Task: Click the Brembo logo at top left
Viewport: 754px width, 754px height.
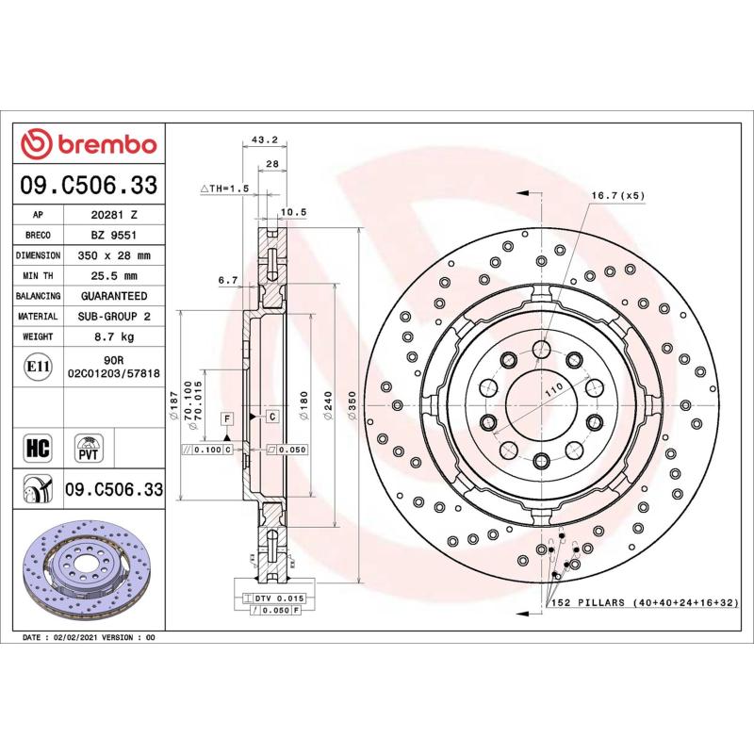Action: pyautogui.click(x=89, y=144)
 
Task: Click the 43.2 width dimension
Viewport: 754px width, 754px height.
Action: pyautogui.click(x=265, y=140)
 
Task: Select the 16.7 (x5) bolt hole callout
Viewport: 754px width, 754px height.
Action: pyautogui.click(x=617, y=195)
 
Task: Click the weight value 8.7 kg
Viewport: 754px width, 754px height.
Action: pyautogui.click(x=114, y=336)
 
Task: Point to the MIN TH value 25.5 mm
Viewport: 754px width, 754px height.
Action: pyautogui.click(x=114, y=276)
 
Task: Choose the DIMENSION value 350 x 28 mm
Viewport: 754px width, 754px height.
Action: pyautogui.click(x=114, y=255)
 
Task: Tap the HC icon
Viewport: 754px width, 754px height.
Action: pyautogui.click(x=40, y=446)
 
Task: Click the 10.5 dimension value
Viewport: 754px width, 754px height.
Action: pyautogui.click(x=295, y=211)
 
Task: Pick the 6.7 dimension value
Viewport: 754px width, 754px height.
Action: pyautogui.click(x=226, y=280)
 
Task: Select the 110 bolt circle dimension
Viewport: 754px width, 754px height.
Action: pyautogui.click(x=553, y=387)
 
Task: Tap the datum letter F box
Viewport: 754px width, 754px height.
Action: pyautogui.click(x=227, y=417)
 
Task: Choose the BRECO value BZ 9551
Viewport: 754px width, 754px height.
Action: pyautogui.click(x=114, y=235)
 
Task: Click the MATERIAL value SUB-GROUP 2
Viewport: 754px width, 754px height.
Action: pyautogui.click(x=114, y=317)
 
